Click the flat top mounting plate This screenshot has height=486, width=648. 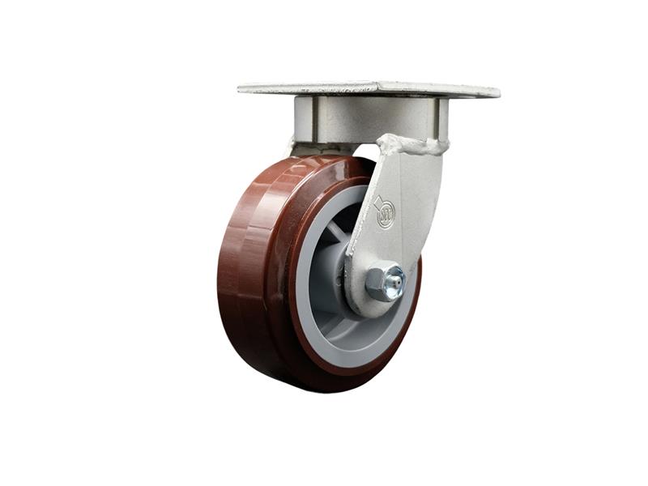tap(369, 88)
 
